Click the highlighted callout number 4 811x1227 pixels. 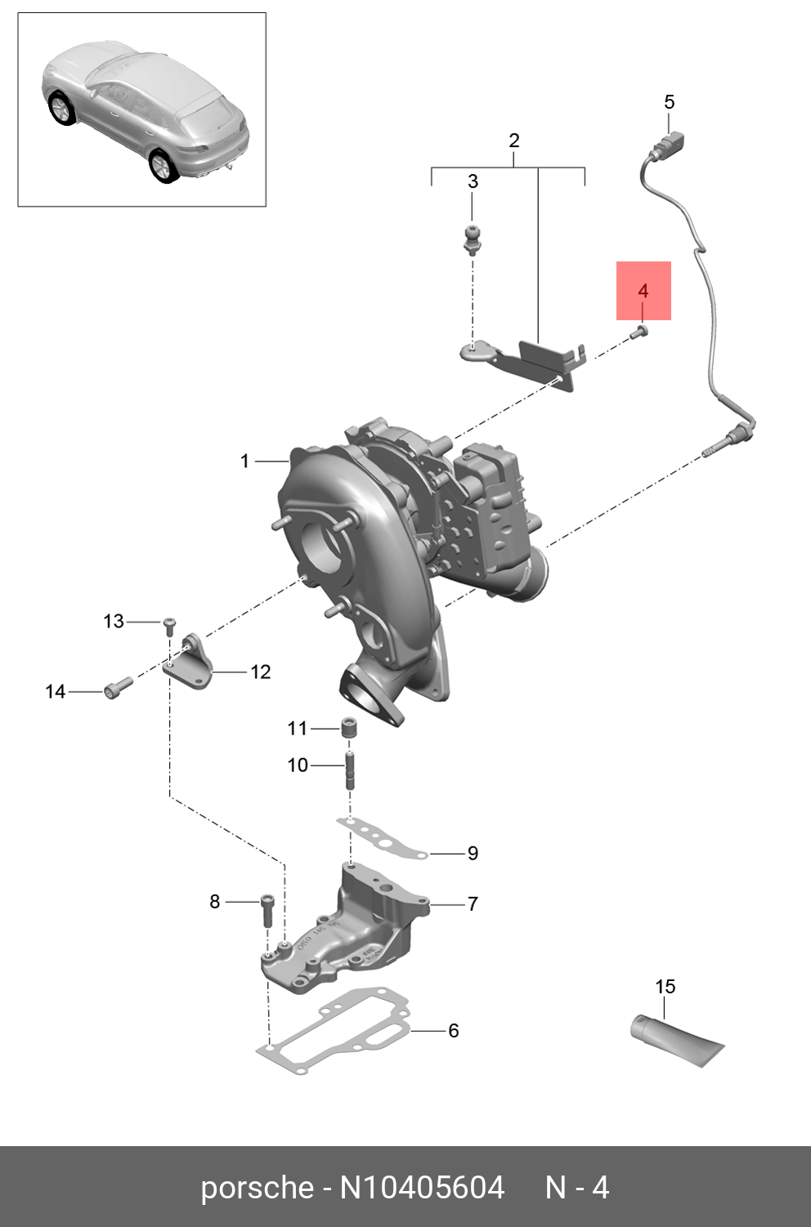pos(643,291)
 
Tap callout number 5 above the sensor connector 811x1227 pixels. pos(669,102)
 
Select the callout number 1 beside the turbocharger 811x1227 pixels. pos(244,462)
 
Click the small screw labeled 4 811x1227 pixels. pos(640,331)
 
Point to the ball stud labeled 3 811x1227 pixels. pos(472,238)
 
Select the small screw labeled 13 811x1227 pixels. pos(169,626)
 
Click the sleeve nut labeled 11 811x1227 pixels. pos(350,727)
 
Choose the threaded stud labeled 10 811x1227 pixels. pos(350,770)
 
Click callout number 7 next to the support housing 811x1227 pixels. pos(472,904)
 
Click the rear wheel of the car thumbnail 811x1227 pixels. pos(162,166)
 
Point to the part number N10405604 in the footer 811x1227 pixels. pos(422,1187)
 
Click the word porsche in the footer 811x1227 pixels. pos(257,1187)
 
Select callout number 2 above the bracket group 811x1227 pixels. pos(513,141)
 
